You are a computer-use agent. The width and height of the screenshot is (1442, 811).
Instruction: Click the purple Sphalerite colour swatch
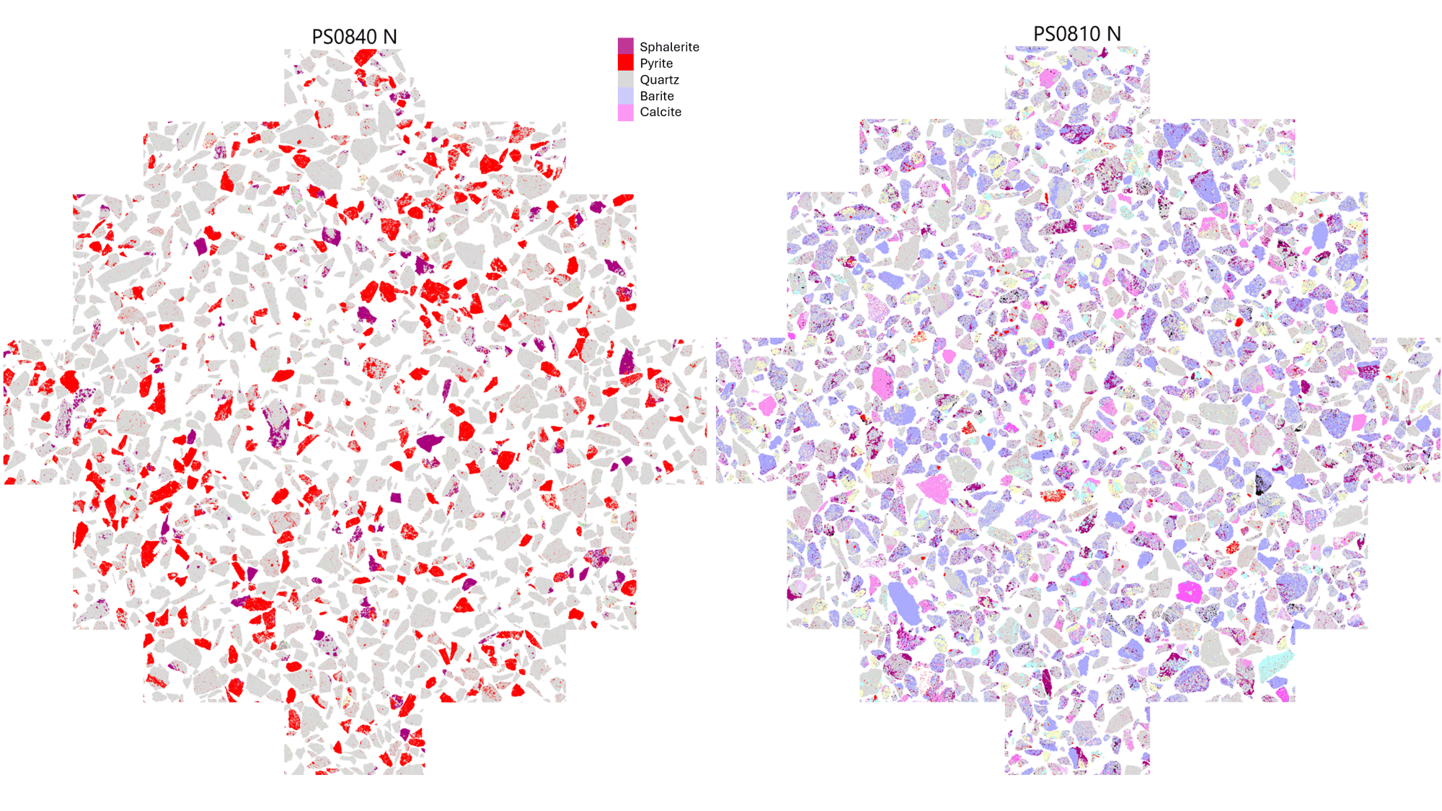coord(625,46)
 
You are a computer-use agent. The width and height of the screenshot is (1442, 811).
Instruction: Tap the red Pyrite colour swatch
coord(625,63)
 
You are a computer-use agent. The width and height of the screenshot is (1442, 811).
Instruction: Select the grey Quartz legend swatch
coord(625,79)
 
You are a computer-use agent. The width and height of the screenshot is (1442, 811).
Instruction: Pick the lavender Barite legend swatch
coord(625,96)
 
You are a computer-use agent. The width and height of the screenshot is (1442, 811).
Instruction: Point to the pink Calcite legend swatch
coord(625,113)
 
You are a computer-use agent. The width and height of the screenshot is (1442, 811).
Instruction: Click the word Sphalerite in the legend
coord(669,47)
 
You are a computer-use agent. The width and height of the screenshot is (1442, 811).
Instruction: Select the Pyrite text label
coord(656,63)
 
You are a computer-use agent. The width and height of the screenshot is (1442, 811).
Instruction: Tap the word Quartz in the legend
coord(659,80)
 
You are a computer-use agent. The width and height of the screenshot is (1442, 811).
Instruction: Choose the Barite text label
coord(657,96)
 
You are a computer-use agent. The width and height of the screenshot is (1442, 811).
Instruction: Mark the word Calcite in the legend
coord(660,112)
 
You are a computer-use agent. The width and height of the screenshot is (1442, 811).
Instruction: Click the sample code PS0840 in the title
coord(344,37)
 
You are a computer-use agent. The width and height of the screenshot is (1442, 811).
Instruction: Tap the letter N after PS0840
coord(390,37)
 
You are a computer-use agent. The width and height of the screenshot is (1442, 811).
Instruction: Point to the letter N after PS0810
coord(1114,34)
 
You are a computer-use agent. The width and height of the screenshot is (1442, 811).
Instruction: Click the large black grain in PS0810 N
coord(1263,482)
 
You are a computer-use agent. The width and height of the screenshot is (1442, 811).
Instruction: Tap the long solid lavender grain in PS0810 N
coord(904,602)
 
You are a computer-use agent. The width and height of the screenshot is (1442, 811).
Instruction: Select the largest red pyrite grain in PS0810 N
coord(1053,496)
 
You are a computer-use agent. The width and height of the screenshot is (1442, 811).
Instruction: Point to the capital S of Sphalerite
coord(644,47)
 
